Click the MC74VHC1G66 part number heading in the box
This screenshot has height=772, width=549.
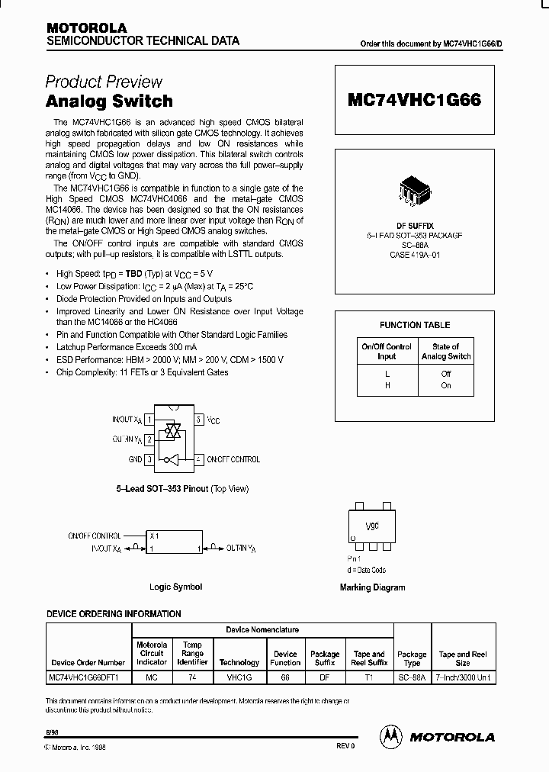[414, 100]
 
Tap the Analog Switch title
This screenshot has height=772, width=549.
[109, 101]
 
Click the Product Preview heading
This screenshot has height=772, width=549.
[104, 82]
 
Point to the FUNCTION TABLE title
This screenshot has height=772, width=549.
[415, 325]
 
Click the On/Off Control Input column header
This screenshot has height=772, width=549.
[387, 351]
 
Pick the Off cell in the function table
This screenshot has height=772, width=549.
[446, 374]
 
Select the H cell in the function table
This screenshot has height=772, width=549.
[387, 385]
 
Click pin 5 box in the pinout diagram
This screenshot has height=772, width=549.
[198, 420]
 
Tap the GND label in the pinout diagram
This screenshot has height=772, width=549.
[135, 459]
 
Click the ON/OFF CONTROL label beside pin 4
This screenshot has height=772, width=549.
[234, 459]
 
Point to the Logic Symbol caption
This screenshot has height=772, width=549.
[175, 587]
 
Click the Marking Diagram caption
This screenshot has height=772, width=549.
[372, 587]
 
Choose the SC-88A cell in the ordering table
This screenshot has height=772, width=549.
[413, 677]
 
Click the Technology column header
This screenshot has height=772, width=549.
[239, 663]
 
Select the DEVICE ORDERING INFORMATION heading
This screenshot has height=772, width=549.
[114, 613]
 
